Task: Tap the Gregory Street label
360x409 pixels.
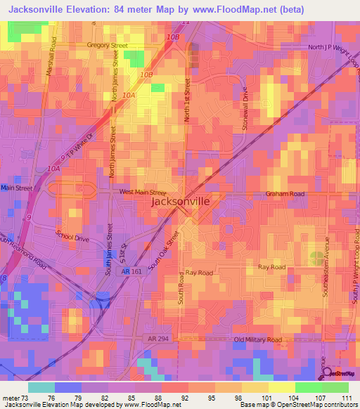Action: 107,45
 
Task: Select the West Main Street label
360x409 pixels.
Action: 143,191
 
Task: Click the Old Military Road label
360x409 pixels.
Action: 258,339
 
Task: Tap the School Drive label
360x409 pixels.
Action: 72,238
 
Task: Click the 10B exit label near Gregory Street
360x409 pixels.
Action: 174,37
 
